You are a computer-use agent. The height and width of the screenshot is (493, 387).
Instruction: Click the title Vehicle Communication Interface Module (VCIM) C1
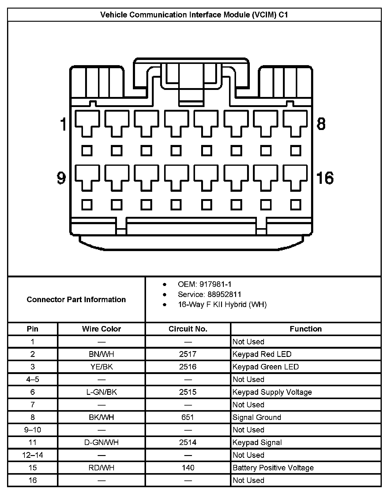pyautogui.click(x=194, y=15)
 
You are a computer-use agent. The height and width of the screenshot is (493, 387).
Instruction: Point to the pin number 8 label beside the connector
pyautogui.click(x=321, y=124)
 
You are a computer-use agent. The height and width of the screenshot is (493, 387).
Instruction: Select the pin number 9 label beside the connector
pyautogui.click(x=62, y=178)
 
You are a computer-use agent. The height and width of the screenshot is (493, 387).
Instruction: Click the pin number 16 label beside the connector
pyautogui.click(x=325, y=178)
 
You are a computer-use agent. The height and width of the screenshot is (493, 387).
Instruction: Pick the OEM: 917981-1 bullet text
pyautogui.click(x=205, y=284)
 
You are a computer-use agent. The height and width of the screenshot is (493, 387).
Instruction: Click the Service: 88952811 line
pyautogui.click(x=209, y=295)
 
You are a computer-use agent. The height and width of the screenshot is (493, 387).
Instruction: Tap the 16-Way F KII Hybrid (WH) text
pyautogui.click(x=222, y=305)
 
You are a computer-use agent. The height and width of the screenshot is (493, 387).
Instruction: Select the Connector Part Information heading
pyautogui.click(x=76, y=299)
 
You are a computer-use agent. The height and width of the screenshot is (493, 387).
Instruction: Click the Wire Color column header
pyautogui.click(x=101, y=329)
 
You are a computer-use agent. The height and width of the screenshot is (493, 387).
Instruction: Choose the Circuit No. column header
pyautogui.click(x=188, y=329)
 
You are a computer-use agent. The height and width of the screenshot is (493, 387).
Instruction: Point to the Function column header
pyautogui.click(x=306, y=329)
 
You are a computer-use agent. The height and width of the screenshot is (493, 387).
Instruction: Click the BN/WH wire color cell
pyautogui.click(x=101, y=354)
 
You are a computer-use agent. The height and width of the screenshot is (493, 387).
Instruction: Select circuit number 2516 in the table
pyautogui.click(x=188, y=367)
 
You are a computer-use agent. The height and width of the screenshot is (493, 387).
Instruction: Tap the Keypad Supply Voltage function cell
pyautogui.click(x=272, y=392)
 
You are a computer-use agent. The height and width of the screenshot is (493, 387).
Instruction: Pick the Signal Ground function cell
pyautogui.click(x=257, y=417)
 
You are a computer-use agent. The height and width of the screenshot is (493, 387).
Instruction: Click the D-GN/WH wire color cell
pyautogui.click(x=101, y=443)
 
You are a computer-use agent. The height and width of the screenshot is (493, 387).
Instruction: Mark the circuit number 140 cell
pyautogui.click(x=188, y=468)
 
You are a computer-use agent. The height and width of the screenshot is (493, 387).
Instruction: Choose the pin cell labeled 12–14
pyautogui.click(x=33, y=455)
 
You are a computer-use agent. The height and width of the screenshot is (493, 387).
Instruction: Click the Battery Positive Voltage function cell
pyautogui.click(x=273, y=468)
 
